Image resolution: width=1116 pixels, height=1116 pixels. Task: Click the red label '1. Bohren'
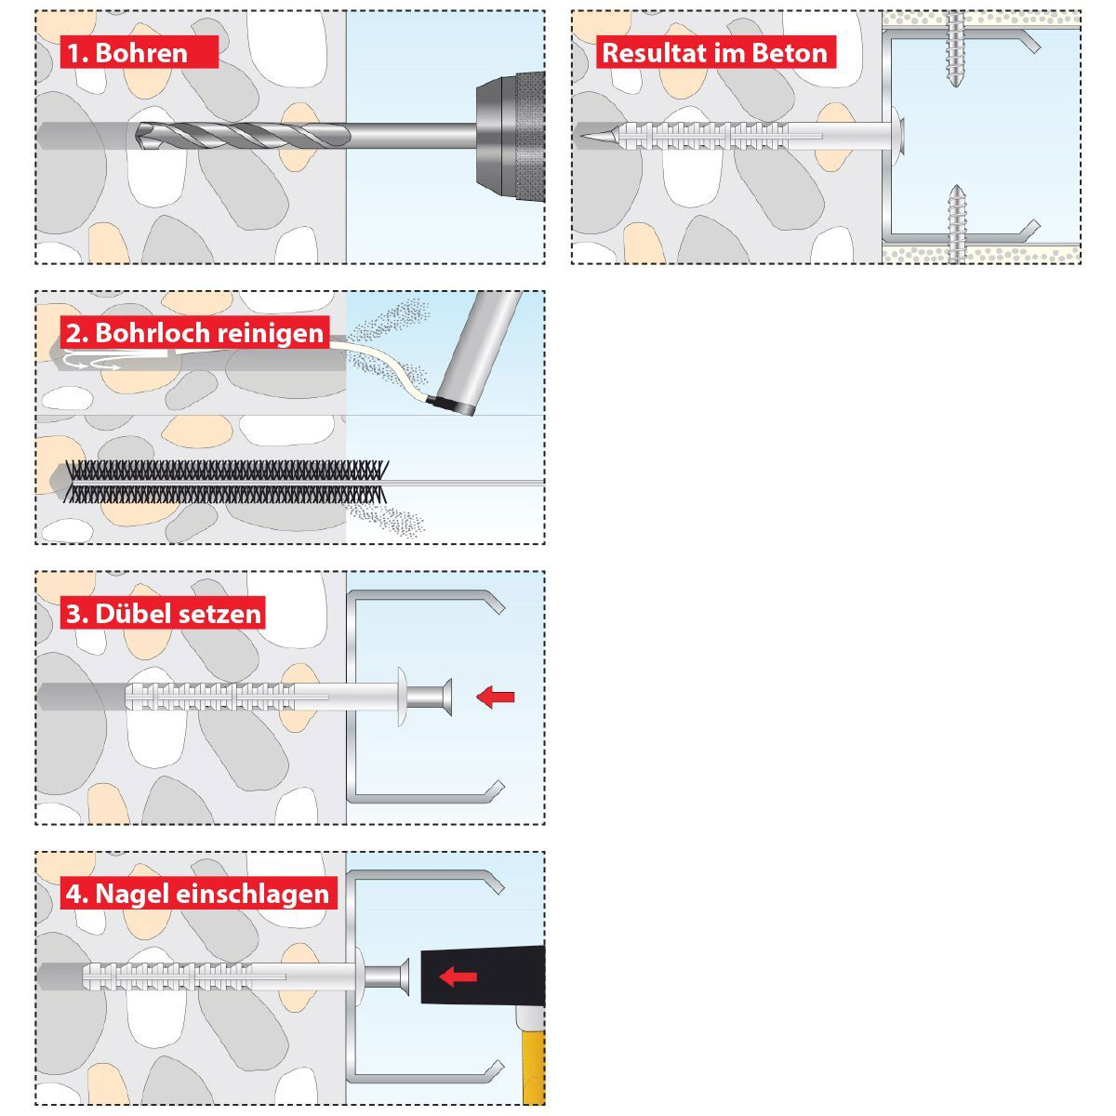139,52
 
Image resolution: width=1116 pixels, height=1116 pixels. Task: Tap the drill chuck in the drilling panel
511,137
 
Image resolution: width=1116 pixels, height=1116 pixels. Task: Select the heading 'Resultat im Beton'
716,52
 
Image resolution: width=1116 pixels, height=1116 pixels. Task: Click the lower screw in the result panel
955,225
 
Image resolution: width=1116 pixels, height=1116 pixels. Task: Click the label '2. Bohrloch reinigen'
195,332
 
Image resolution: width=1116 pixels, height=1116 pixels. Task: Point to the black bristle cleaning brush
226,481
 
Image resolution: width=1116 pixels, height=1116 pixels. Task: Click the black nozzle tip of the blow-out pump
449,405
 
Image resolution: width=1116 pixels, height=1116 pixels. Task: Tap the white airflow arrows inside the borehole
93,361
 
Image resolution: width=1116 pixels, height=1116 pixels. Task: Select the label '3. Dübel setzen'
163,613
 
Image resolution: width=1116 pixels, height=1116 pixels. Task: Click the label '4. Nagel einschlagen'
198,893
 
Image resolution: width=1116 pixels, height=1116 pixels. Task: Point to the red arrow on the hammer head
458,977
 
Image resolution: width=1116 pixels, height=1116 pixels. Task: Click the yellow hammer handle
534,1061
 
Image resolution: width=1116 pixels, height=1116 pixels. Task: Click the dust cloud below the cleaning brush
385,518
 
